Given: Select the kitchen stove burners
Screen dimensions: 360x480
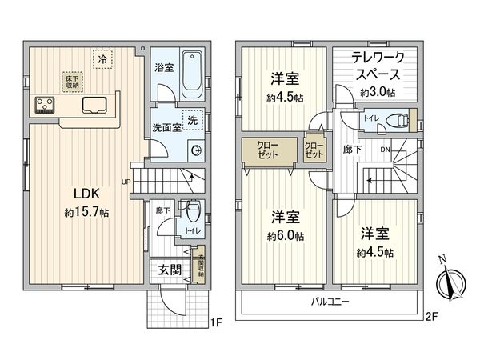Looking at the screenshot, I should point(44,104).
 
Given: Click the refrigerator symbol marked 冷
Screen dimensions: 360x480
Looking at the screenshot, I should point(102,59).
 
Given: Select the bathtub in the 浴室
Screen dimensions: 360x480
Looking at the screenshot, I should point(191,73).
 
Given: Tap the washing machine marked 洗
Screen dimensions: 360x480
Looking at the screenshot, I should point(192,121).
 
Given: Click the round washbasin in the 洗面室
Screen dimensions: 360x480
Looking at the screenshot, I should point(197,149).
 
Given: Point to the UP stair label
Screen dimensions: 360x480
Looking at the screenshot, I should point(126,182).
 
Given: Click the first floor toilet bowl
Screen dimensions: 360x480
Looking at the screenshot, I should point(190,214).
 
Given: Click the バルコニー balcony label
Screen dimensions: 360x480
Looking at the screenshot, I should point(329,302).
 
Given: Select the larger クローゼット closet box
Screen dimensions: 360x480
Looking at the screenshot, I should point(268,150).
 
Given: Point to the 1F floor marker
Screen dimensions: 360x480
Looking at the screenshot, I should point(215,322).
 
